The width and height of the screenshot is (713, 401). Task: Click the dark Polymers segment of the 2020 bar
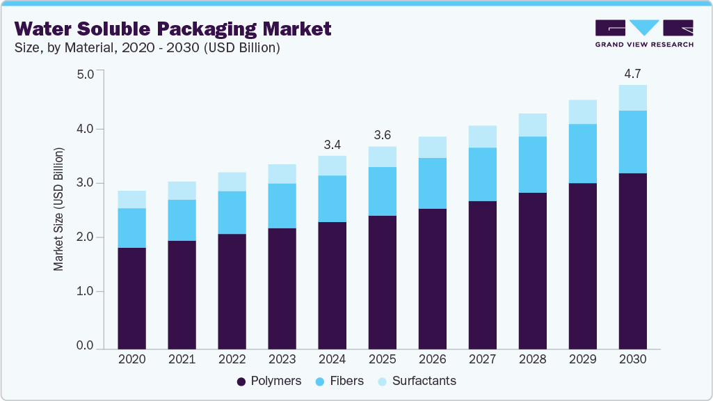131,298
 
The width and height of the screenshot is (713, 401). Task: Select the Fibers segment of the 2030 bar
632,142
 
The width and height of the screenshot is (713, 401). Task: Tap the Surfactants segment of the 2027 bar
482,136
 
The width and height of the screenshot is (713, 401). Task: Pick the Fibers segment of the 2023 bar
282,206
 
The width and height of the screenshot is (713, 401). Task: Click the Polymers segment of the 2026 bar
432,278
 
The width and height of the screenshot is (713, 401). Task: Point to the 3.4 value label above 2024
332,145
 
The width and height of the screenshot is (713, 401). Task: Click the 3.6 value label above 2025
382,135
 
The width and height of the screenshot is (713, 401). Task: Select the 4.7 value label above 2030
632,74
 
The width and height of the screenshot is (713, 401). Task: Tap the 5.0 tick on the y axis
85,74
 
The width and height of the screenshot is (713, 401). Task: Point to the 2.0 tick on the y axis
85,237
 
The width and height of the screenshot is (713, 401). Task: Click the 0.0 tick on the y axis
85,346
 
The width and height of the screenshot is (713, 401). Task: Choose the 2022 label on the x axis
232,360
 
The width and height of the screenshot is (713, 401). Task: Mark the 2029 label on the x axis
582,360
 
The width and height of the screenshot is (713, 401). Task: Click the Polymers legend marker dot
241,382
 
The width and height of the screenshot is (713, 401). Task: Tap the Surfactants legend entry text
424,381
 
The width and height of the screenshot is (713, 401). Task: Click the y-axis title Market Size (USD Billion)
59,209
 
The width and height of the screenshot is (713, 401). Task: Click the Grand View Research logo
644,33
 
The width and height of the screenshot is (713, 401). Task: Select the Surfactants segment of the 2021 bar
182,191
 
